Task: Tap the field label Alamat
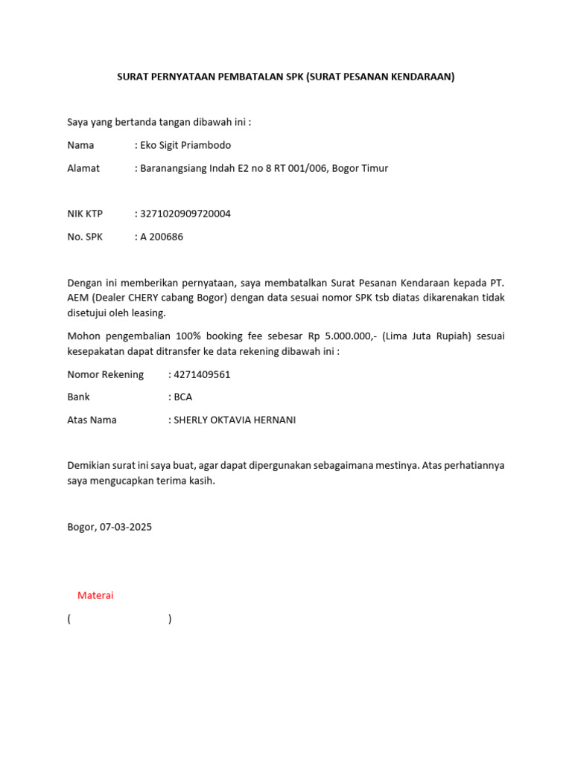(83, 168)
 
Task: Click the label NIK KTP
(85, 214)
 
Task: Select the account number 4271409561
(202, 374)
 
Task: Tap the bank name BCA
(183, 397)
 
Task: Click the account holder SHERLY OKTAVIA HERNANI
(235, 420)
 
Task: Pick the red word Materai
(95, 595)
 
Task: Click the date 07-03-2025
(126, 527)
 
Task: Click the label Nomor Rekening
(106, 374)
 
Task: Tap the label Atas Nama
(92, 420)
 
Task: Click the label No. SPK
(85, 237)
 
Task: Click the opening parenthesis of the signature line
(69, 618)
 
